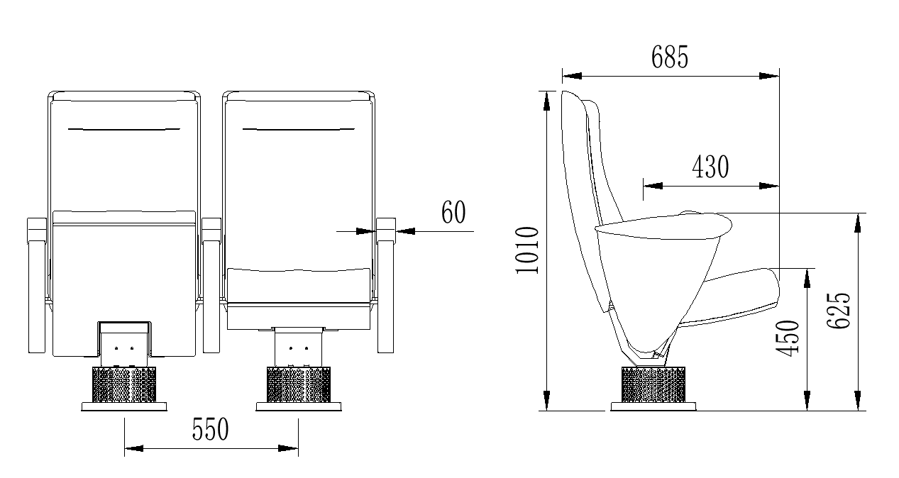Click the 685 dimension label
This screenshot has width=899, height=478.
tap(669, 57)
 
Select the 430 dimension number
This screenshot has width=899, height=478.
tap(710, 167)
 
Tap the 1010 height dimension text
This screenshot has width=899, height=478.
tap(527, 250)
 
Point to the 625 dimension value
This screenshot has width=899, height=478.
tap(839, 311)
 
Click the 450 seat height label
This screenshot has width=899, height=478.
tap(787, 338)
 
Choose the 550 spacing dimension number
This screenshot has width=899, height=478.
tap(210, 429)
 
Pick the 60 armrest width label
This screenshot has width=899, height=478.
tap(453, 212)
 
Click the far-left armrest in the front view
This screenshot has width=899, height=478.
tap(37, 286)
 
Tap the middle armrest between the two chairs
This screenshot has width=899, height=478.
tap(211, 286)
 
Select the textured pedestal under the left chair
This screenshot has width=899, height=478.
tap(124, 384)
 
